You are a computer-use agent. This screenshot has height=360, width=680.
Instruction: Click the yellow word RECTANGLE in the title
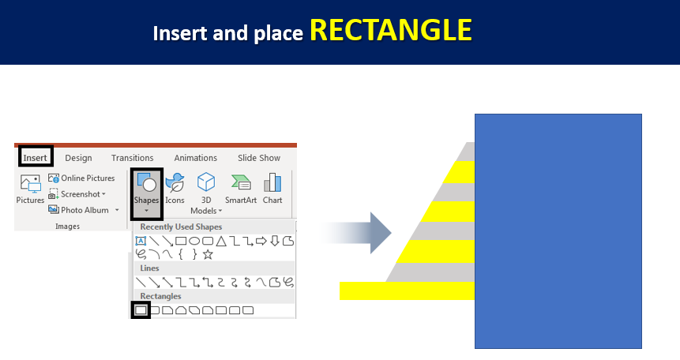coord(391,30)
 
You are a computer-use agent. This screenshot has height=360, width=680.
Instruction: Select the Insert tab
coord(35,158)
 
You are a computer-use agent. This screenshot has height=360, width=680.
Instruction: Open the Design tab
coord(78,158)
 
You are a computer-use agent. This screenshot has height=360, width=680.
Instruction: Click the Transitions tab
coord(132,158)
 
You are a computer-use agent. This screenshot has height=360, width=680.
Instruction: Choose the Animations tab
coord(196,158)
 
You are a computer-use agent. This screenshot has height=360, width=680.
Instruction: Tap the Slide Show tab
coord(259,158)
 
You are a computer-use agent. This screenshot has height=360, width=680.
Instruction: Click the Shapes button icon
coord(147,182)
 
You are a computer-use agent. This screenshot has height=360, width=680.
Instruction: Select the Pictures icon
coord(30,184)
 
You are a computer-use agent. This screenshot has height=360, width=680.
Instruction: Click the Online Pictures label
coord(88,178)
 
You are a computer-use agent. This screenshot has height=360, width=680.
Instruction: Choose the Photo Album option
coord(85,210)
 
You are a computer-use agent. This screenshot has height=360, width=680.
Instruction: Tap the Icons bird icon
coord(175,182)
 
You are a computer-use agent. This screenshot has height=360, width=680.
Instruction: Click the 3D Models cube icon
coord(206,182)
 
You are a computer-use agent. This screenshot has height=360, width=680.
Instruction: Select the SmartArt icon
coord(241,182)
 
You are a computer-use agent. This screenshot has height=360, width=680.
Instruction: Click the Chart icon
coord(272,182)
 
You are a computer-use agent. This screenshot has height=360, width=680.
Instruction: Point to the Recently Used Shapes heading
coord(181,227)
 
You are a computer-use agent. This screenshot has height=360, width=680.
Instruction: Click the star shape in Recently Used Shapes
coord(209,254)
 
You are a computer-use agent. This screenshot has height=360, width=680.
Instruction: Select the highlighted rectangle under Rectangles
coord(141,310)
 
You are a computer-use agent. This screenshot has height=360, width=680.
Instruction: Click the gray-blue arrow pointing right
coord(355,233)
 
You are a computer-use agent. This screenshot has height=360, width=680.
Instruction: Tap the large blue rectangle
coord(558,231)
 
